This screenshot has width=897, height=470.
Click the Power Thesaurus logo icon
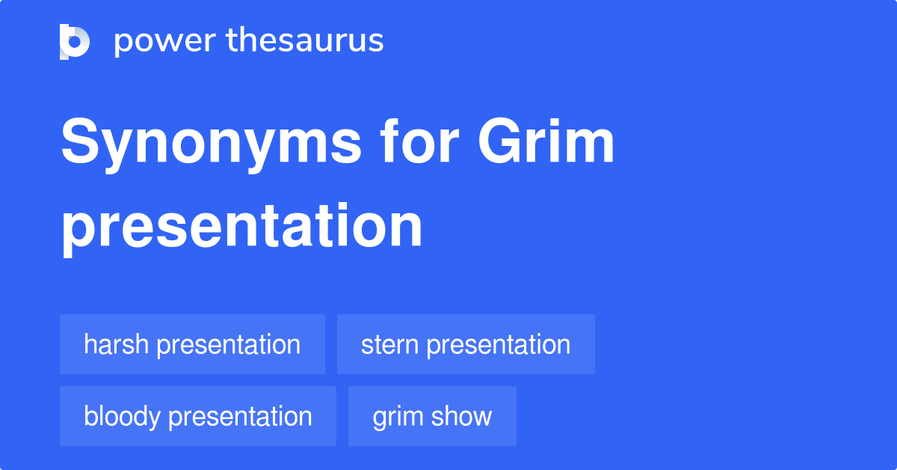[x=75, y=41]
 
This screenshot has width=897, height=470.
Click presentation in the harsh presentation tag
[x=229, y=345]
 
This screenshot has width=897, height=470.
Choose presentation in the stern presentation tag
[x=499, y=345]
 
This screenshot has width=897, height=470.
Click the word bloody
[x=123, y=416]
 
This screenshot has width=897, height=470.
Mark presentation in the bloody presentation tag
[x=241, y=417]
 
